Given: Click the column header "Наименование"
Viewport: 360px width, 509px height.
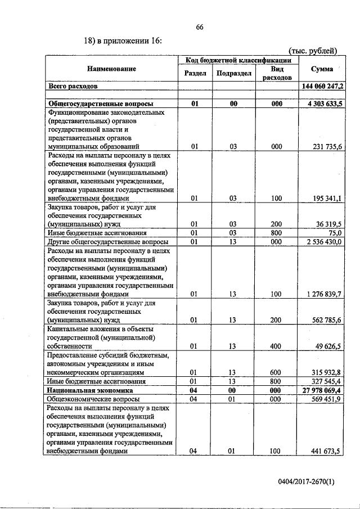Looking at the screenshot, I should tap(111, 69).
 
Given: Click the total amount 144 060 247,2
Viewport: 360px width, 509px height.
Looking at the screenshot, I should tap(323, 86).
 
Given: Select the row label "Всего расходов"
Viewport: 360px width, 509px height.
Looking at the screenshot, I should tap(73, 87).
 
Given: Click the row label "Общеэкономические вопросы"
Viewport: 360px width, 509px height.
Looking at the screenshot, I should tap(90, 398).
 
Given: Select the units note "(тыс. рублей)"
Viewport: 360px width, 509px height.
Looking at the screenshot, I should tap(313, 51).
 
